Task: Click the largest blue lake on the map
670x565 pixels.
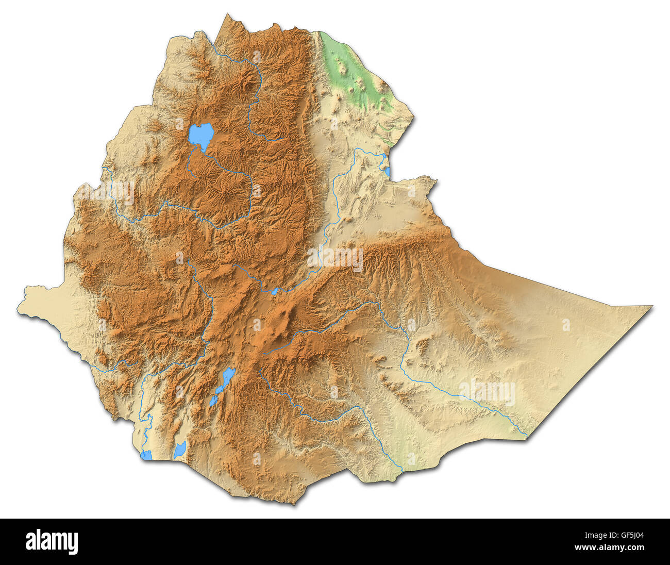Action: click(200, 135)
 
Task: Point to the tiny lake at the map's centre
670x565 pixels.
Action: click(275, 291)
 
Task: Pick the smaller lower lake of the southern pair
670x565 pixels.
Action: click(213, 400)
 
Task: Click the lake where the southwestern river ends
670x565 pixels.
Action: click(147, 455)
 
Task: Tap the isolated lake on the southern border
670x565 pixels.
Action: click(179, 450)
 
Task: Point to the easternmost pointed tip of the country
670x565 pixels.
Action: click(651, 307)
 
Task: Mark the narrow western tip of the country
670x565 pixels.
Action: click(20, 311)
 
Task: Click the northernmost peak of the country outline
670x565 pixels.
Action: click(227, 15)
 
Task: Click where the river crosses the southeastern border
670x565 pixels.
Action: click(526, 437)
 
